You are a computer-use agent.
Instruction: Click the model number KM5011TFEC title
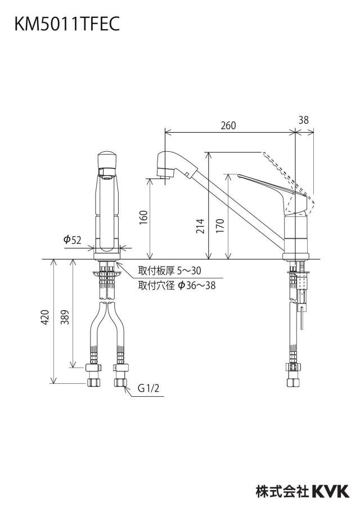coord(67,24)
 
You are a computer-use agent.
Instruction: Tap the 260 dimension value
coord(228,125)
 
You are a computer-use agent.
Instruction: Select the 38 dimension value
coord(304,120)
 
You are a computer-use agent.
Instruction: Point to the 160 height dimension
coord(143,217)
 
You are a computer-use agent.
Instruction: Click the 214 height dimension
coord(201,226)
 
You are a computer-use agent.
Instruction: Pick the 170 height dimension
coord(220,226)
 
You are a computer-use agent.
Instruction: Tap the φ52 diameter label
coord(72,240)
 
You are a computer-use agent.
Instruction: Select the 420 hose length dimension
coord(45,317)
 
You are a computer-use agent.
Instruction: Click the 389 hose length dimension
coord(65,317)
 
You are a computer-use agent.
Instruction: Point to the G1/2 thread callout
coord(148,388)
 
